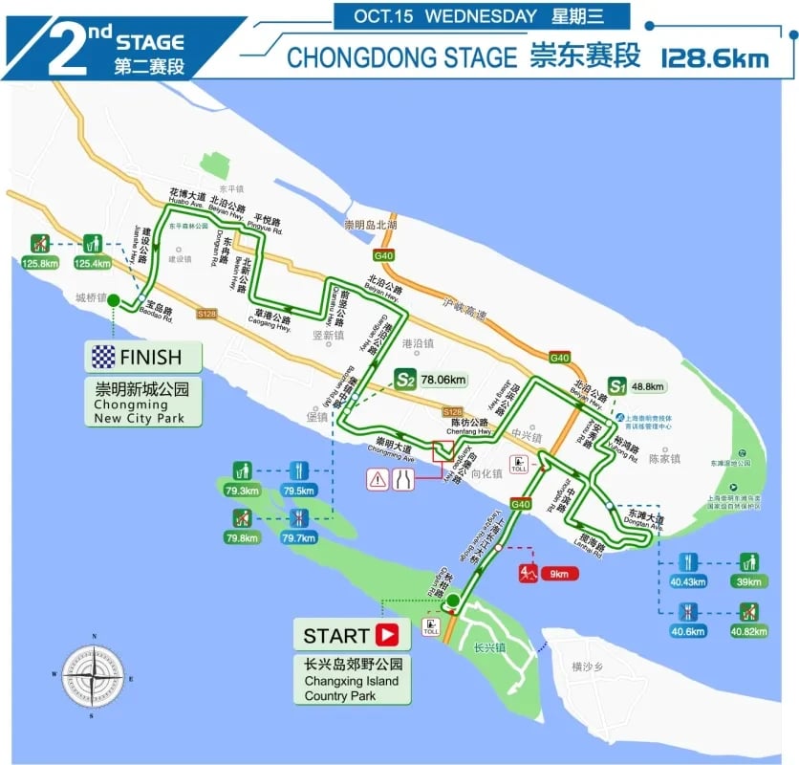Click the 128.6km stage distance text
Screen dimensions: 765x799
click(715, 57)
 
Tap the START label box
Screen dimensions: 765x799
click(351, 635)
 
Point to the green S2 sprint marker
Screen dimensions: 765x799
click(405, 381)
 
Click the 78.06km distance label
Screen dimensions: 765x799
click(443, 381)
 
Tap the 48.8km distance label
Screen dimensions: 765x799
click(649, 387)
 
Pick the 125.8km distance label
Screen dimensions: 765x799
click(41, 263)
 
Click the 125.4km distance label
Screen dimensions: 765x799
click(94, 263)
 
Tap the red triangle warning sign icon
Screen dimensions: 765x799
click(379, 480)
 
